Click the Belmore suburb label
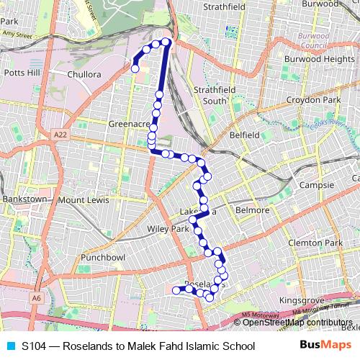click(x=252, y=210)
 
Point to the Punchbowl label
click(x=103, y=257)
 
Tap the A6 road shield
click(x=37, y=297)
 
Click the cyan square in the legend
click(x=11, y=346)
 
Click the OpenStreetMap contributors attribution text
click(x=297, y=323)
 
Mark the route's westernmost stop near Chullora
click(x=135, y=68)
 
